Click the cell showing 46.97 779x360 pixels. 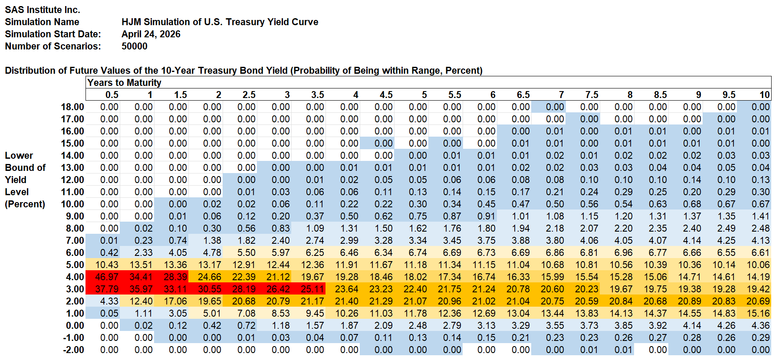pyautogui.click(x=106, y=277)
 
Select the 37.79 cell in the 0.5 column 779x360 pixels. pyautogui.click(x=106, y=289)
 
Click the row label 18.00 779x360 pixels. pyautogui.click(x=72, y=107)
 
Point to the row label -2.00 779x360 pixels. pyautogui.click(x=73, y=350)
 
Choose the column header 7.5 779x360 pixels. pyautogui.click(x=592, y=95)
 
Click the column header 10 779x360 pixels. pyautogui.click(x=764, y=95)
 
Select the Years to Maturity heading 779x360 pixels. pyautogui.click(x=124, y=82)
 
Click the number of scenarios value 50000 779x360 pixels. pyautogui.click(x=135, y=46)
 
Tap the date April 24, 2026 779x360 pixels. pyautogui.click(x=151, y=34)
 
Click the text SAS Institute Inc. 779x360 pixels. pyautogui.click(x=43, y=10)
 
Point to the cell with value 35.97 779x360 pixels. pyautogui.click(x=141, y=289)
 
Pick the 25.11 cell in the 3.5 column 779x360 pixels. pyautogui.click(x=312, y=289)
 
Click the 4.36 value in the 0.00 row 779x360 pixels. pyautogui.click(x=760, y=325)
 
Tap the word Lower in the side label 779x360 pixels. pyautogui.click(x=19, y=155)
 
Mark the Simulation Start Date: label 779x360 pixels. pyautogui.click(x=53, y=34)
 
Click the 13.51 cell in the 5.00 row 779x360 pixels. pyautogui.click(x=141, y=265)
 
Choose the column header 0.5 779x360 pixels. pyautogui.click(x=112, y=95)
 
